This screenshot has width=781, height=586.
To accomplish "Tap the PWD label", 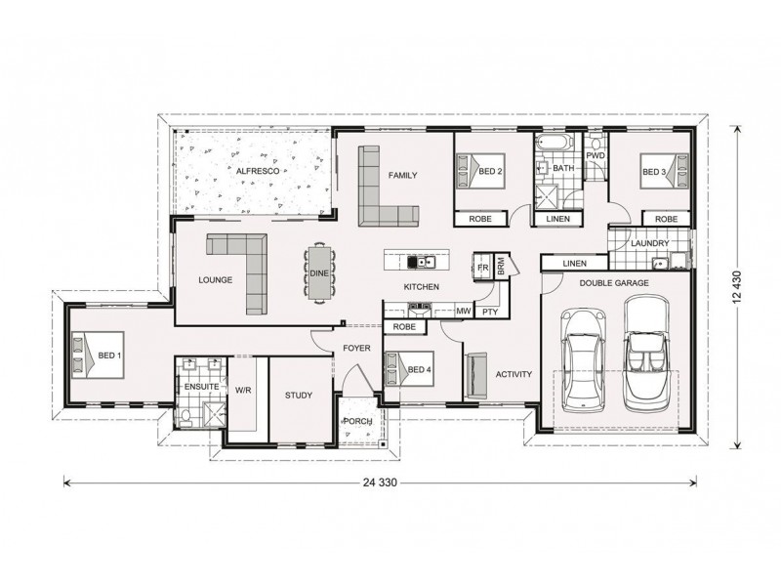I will (595, 156).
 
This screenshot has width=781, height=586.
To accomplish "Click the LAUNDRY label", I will (648, 243).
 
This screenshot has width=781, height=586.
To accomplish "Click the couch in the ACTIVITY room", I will (474, 375).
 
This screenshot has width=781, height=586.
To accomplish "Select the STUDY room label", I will (299, 396).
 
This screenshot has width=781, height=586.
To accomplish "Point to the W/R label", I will (243, 389).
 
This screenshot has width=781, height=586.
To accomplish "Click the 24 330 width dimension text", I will (380, 481).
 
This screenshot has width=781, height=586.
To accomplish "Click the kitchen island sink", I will (421, 261).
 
